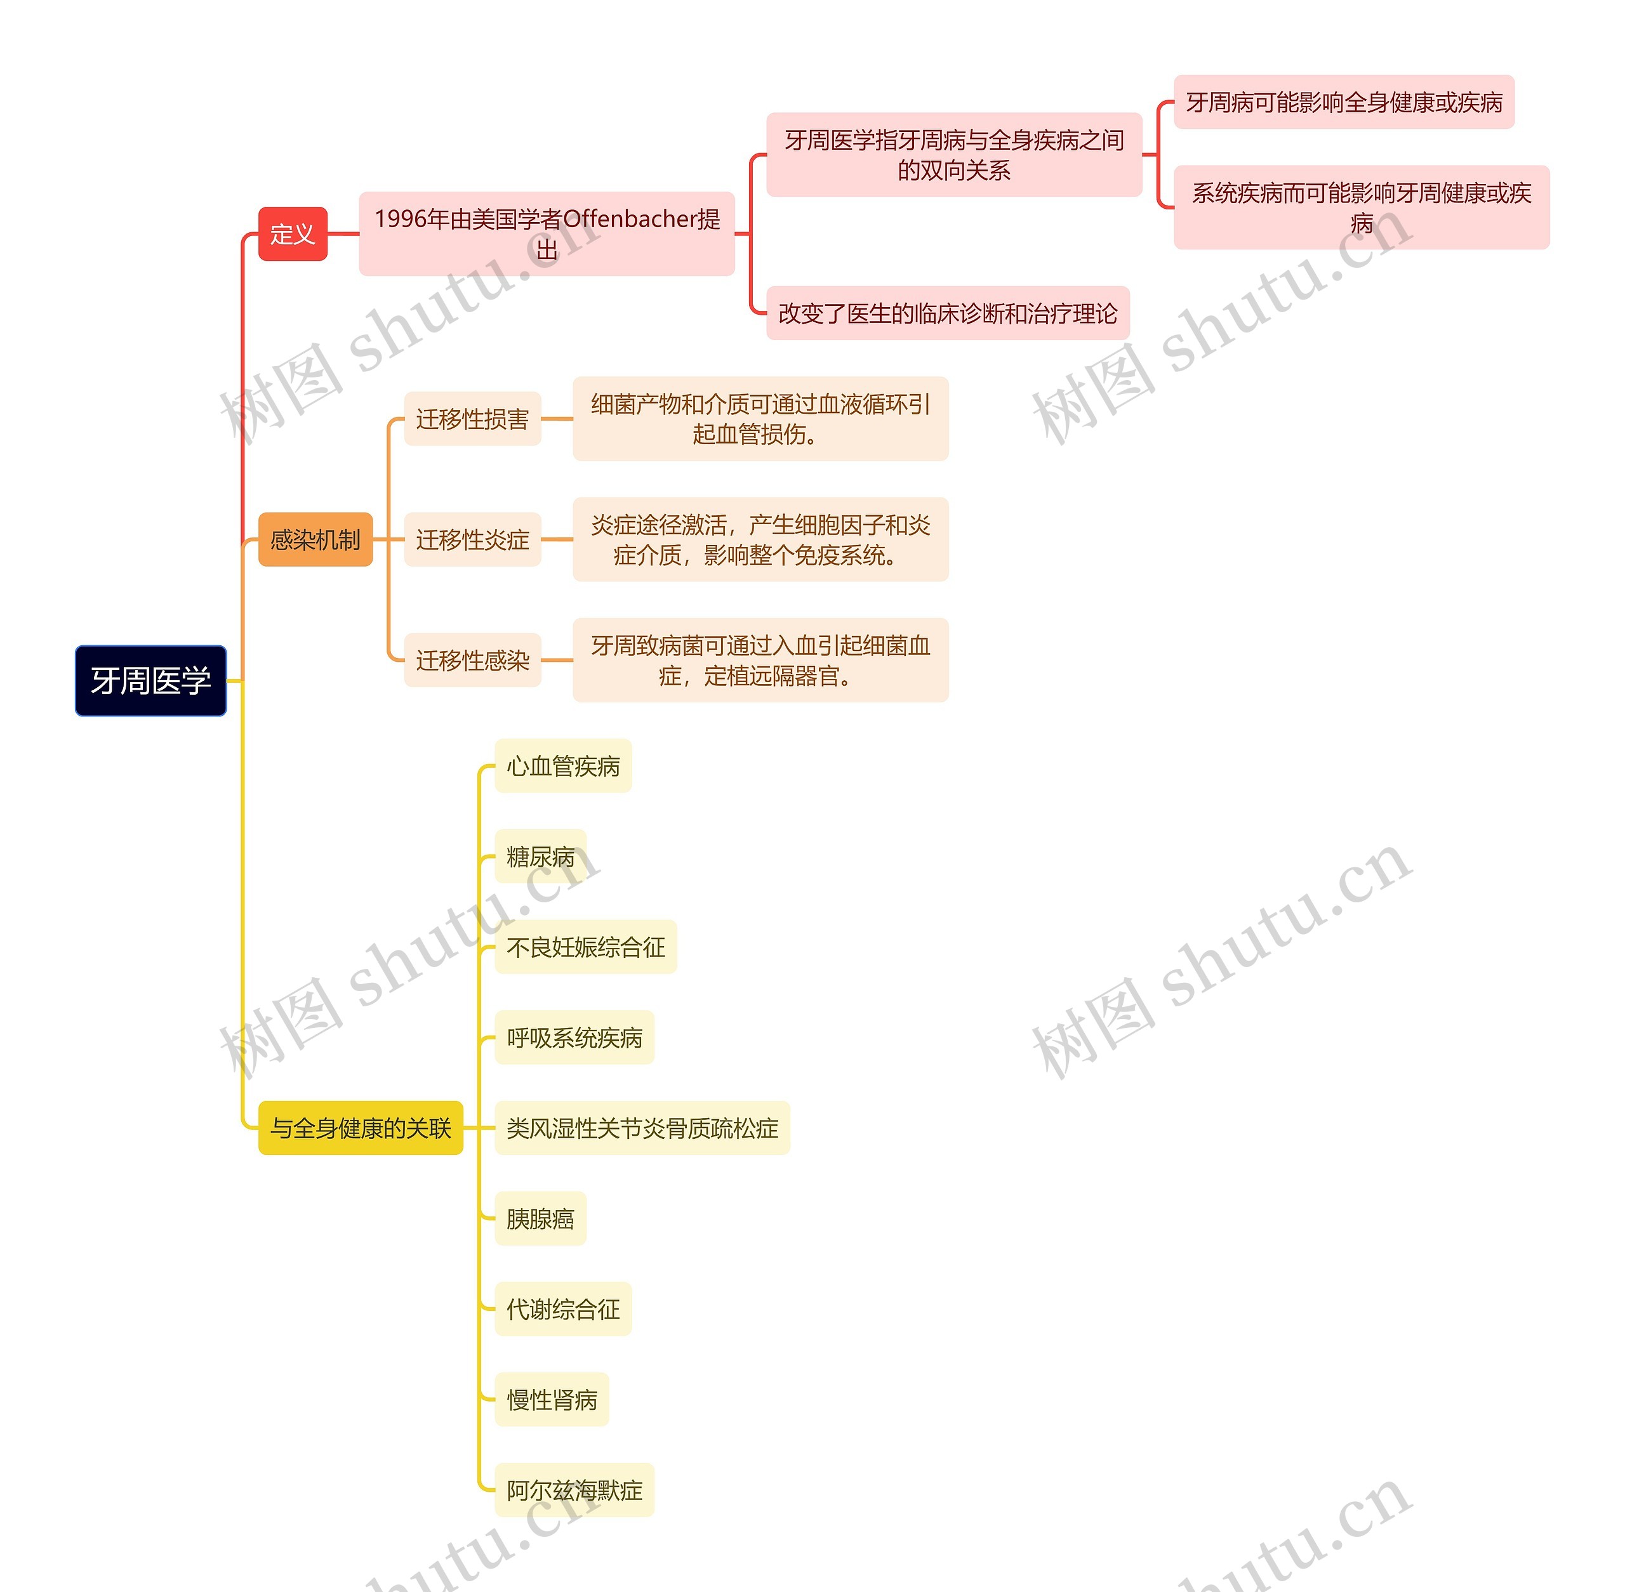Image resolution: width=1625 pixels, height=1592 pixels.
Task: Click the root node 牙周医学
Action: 150,681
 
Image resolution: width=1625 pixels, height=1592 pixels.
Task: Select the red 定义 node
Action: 292,234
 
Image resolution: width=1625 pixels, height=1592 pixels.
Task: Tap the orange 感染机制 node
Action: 315,539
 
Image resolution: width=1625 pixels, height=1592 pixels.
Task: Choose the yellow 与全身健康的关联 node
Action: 361,1128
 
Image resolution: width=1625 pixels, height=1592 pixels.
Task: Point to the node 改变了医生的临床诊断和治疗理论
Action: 948,313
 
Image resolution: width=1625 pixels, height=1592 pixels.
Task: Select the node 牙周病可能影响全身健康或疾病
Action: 1343,102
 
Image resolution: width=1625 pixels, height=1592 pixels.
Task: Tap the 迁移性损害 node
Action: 472,419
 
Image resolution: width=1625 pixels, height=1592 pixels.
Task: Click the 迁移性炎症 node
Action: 472,539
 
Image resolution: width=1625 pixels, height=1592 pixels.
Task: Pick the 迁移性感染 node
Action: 472,661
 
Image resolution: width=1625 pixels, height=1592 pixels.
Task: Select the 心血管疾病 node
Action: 563,766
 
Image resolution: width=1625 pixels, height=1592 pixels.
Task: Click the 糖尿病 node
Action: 540,856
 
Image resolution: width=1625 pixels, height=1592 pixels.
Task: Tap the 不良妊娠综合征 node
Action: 585,947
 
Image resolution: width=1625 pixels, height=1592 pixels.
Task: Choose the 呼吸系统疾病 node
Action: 574,1037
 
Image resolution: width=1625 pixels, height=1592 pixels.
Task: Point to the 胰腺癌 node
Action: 540,1218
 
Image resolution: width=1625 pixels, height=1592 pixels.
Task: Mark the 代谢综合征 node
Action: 563,1308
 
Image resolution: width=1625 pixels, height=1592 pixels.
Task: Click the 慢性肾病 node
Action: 552,1400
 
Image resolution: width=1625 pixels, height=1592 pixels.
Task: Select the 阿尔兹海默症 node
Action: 574,1490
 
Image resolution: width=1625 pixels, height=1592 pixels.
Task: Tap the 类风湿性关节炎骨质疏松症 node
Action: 642,1128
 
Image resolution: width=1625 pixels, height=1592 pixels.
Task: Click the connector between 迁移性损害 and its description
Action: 557,419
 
